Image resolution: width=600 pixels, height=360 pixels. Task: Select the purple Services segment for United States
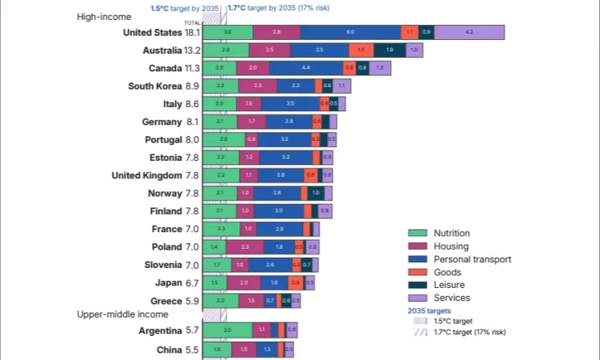[x=469, y=32]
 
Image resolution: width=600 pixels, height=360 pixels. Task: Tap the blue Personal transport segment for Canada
[x=306, y=68]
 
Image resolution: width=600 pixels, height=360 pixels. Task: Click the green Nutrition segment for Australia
[x=226, y=50]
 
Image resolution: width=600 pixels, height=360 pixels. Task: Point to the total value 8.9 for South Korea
[x=192, y=86]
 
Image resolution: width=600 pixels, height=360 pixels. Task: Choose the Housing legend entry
[x=450, y=246]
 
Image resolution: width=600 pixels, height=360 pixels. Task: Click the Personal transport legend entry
[x=471, y=259]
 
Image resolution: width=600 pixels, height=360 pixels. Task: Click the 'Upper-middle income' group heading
[x=122, y=314]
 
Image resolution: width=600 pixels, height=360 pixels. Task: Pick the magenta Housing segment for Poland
[x=245, y=247]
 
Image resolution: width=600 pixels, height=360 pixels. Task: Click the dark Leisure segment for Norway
[x=315, y=193]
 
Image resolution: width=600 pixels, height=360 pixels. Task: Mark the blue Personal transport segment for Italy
[x=290, y=104]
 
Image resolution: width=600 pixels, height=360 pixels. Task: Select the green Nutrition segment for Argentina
[x=227, y=330]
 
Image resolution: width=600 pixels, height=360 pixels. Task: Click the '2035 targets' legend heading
[x=430, y=310]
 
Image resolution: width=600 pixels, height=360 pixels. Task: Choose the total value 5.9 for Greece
[x=192, y=302]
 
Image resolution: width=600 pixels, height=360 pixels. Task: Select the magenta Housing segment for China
[x=244, y=350]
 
